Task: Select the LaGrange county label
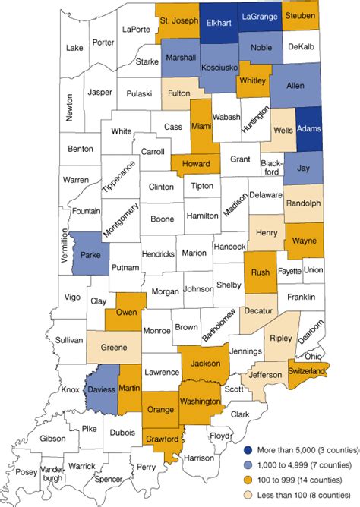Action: [x=261, y=16]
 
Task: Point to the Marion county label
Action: [x=194, y=253]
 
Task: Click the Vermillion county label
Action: [x=65, y=250]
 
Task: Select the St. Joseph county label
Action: [x=179, y=14]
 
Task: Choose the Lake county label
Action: [x=74, y=48]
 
